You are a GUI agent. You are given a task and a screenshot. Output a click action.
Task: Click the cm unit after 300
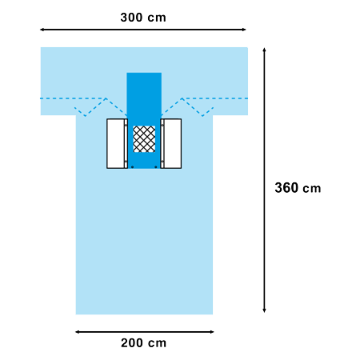157,18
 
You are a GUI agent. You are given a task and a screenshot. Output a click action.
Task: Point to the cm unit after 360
312,189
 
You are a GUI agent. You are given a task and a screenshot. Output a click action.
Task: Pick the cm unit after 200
158,343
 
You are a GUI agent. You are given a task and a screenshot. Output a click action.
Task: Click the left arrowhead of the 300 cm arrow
42,30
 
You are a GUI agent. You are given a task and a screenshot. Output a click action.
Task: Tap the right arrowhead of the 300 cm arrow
244,30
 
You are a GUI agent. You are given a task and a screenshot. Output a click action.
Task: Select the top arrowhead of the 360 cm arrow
264,50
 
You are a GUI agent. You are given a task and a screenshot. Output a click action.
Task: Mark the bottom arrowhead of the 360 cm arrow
264,310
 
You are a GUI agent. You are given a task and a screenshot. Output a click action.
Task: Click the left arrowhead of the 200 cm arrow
78,332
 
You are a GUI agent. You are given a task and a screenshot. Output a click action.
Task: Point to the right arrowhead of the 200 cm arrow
212,332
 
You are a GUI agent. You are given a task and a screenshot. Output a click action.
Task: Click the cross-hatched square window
144,139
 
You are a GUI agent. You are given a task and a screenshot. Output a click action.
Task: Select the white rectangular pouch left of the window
117,143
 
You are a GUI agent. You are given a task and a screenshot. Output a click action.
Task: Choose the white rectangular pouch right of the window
171,143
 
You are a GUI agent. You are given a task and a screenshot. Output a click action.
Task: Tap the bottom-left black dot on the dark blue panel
133,167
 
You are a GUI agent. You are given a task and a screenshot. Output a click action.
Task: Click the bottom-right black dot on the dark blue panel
156,167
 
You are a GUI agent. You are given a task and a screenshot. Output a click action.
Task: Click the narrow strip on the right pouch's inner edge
162,143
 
